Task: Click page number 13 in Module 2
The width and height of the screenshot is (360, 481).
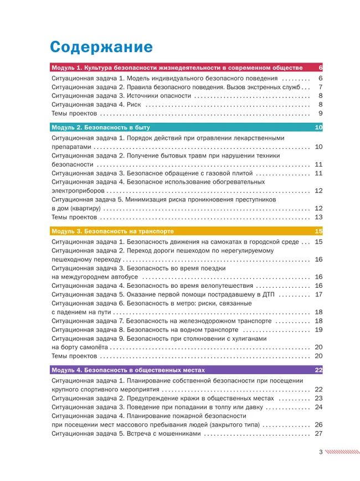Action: click(x=318, y=218)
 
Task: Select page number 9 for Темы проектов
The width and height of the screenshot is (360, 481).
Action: click(x=320, y=113)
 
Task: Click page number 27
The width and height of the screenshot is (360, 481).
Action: click(x=318, y=433)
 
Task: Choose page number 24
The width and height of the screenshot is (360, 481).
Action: click(x=318, y=407)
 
